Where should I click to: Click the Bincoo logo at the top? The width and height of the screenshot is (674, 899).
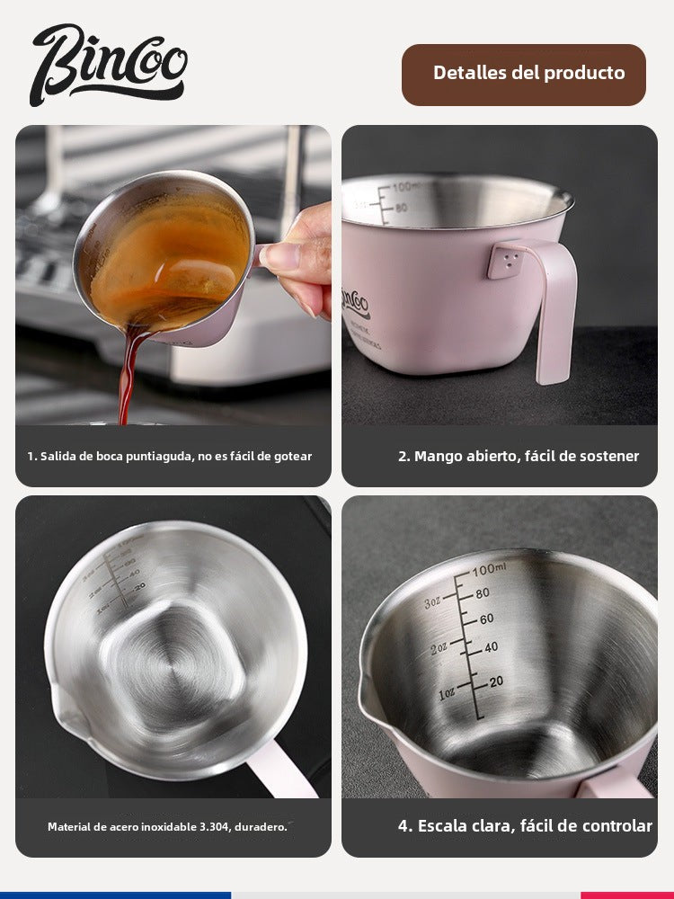(x=109, y=64)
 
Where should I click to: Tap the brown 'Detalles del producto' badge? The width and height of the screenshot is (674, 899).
(x=524, y=74)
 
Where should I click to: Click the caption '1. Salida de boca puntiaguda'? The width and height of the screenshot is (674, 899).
(x=170, y=456)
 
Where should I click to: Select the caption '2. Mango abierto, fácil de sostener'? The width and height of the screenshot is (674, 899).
(x=519, y=456)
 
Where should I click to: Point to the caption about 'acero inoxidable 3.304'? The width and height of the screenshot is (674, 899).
(x=167, y=826)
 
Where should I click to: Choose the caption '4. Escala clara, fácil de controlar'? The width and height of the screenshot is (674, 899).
(x=525, y=825)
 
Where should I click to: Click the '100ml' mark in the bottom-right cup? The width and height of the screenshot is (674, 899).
(x=490, y=570)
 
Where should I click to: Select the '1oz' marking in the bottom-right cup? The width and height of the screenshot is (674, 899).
(x=448, y=694)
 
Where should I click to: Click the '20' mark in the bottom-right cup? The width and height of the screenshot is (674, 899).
(x=495, y=681)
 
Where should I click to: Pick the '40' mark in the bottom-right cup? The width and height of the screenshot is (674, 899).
(x=491, y=646)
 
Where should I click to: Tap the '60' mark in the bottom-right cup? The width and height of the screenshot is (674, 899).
(x=486, y=619)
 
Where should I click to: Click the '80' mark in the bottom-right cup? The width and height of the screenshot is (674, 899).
(x=483, y=593)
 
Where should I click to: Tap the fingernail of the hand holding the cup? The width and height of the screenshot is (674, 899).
(x=281, y=256)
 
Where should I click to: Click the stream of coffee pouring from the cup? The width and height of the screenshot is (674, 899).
(x=127, y=378)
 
